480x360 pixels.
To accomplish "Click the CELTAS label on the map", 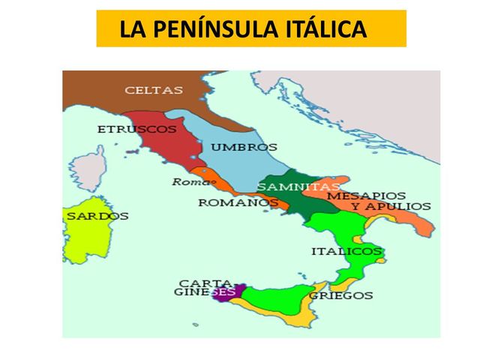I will click(x=153, y=90).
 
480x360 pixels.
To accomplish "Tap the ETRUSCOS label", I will click(x=137, y=129).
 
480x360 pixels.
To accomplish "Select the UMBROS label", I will click(x=244, y=148).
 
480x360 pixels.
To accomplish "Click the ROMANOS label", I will click(x=233, y=202).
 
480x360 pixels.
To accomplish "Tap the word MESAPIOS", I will click(x=377, y=195).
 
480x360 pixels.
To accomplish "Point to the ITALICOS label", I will click(x=346, y=251).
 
